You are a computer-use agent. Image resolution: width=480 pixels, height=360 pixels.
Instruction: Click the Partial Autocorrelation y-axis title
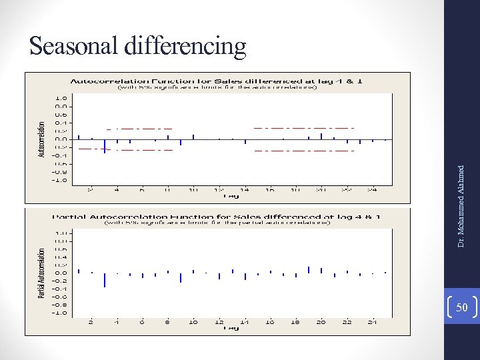(x=41, y=273)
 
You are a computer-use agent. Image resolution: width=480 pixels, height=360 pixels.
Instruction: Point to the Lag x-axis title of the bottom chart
(x=231, y=328)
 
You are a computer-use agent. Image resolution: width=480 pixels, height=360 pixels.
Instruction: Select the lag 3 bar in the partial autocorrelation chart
(x=104, y=279)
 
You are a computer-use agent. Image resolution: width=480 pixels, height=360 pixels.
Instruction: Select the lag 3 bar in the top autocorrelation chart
(x=104, y=145)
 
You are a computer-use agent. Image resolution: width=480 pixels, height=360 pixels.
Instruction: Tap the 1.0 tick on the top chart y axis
(x=61, y=97)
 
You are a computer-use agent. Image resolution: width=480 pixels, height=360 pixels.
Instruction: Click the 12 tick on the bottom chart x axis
(x=219, y=321)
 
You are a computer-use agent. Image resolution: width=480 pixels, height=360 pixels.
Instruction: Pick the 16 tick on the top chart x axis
(x=270, y=189)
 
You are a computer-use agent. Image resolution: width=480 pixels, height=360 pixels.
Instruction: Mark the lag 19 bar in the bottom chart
(x=309, y=269)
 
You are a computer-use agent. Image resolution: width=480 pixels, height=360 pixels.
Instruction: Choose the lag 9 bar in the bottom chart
(x=181, y=277)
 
